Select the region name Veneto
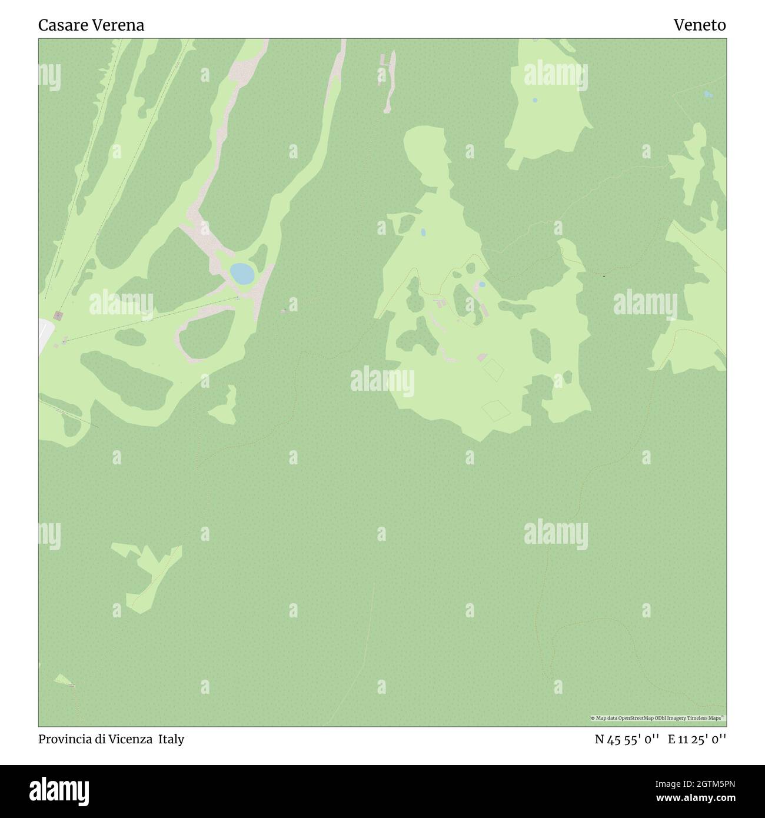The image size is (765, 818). pos(700,25)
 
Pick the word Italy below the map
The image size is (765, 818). pos(171,739)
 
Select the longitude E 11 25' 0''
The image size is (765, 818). pos(697,739)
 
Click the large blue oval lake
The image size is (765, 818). pos(242,273)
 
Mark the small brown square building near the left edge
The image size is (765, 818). pos(59,316)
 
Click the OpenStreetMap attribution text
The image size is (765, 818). pos(658,718)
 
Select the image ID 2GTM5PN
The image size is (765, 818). pos(704,784)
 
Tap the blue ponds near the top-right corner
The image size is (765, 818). pos(708,94)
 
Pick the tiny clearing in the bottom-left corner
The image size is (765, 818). pos(64,681)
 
